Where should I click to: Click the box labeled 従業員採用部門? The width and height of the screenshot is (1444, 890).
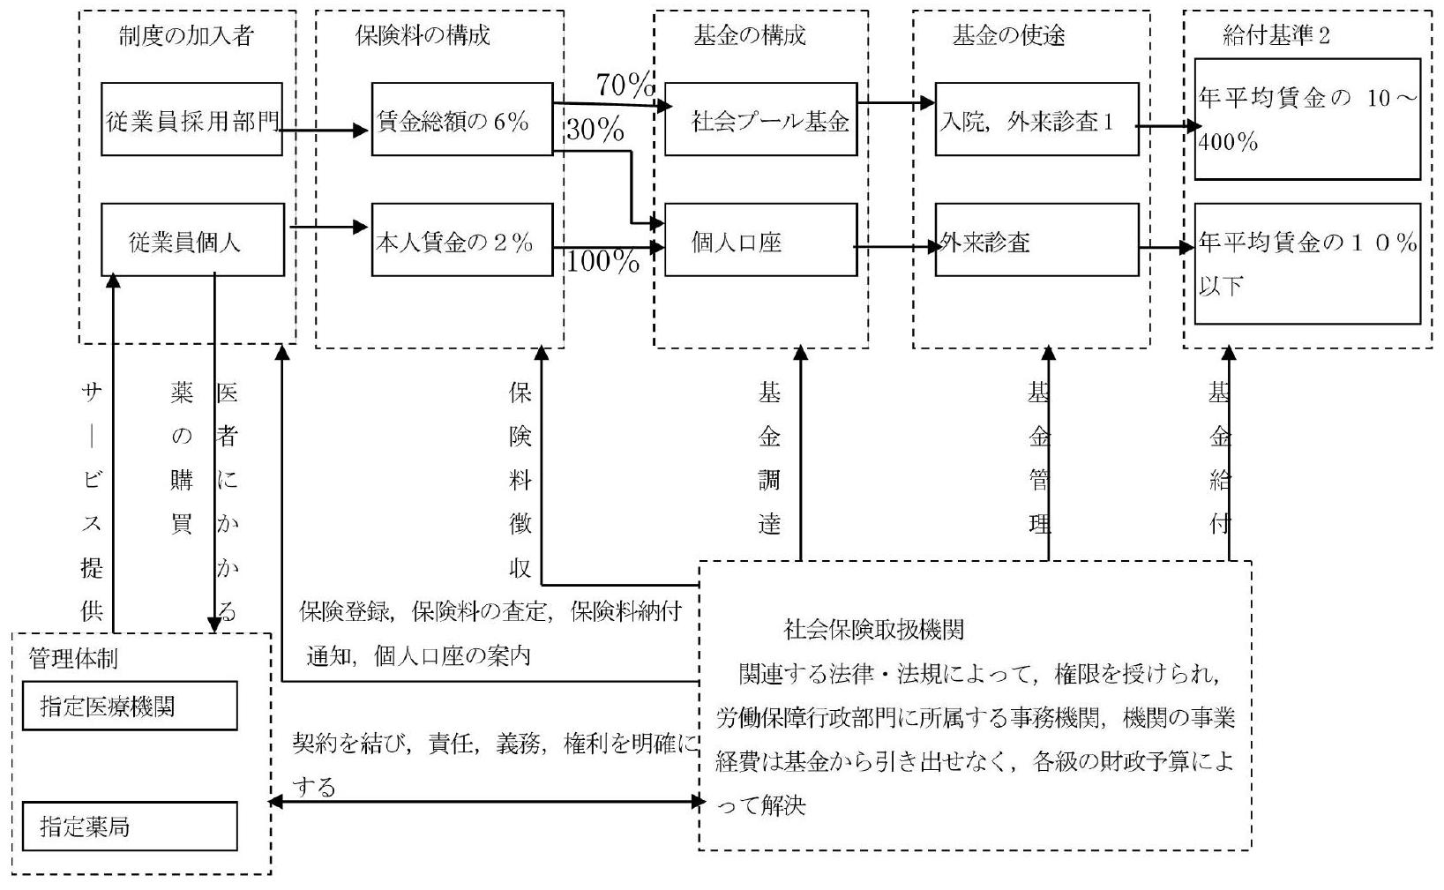tap(191, 120)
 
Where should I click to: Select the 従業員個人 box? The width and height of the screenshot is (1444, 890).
tap(192, 240)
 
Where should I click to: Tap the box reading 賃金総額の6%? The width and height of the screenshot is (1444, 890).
tap(461, 120)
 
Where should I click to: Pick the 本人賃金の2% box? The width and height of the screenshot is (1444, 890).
tap(461, 240)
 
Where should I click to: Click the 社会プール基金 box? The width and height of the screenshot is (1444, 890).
tap(760, 120)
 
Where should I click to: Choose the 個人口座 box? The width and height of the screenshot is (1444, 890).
tap(760, 240)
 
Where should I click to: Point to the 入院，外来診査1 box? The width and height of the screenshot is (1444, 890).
tap(1036, 120)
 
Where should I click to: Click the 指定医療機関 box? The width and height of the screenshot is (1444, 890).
tap(130, 706)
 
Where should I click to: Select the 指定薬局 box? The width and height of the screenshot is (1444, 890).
tap(130, 826)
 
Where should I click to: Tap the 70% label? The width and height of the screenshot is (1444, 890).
tap(625, 85)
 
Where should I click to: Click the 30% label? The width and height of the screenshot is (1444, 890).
tap(595, 131)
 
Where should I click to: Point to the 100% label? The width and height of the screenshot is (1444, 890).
tap(602, 261)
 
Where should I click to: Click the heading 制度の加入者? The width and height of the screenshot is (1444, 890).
tap(186, 36)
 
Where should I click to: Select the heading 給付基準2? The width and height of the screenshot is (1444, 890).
tap(1276, 36)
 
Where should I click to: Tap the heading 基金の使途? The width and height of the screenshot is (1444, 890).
tap(1008, 36)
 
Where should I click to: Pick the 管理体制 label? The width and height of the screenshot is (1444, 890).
tap(73, 658)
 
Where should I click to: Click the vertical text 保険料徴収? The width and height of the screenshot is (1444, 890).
tap(520, 481)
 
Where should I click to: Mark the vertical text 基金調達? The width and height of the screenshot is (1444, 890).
tap(769, 459)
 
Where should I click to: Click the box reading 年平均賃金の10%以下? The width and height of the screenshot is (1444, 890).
tap(1307, 264)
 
